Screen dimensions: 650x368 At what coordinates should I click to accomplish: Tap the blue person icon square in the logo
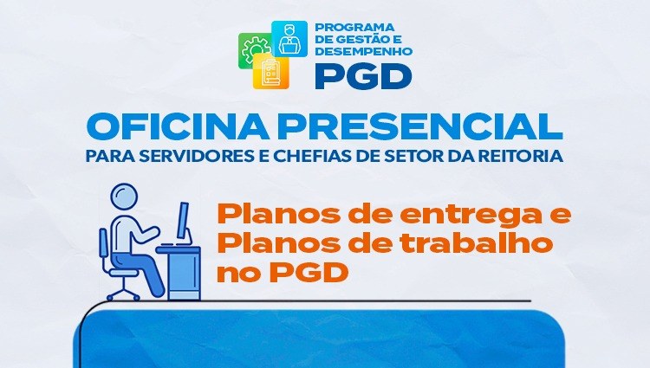289,38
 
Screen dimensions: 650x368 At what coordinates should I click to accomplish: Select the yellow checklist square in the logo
271,72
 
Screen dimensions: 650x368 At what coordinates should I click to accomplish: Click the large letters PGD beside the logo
363,76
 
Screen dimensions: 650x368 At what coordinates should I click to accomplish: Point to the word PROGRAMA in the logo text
354,28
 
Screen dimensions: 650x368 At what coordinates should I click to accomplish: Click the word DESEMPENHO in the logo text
364,51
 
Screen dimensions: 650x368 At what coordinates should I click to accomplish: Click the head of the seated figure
124,197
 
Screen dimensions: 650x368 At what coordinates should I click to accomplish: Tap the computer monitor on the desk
183,221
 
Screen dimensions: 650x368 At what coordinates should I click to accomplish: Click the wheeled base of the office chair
124,292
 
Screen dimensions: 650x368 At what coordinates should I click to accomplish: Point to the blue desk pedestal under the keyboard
185,274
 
